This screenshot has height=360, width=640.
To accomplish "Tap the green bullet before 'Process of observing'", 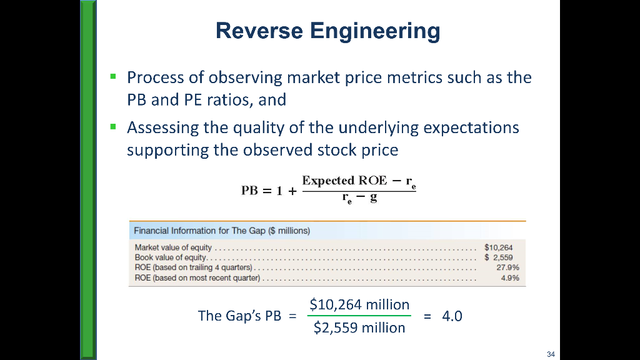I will [113, 76].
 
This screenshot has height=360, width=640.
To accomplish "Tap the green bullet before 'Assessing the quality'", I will [113, 126].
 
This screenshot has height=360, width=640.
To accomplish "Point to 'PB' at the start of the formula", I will [251, 191].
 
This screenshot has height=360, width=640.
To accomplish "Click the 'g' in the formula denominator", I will [374, 199].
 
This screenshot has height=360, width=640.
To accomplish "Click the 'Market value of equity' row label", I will [174, 247].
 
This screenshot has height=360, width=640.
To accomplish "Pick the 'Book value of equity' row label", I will [170, 257].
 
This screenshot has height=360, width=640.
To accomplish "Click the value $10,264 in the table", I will [498, 247].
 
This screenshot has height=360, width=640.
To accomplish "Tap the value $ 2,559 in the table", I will [498, 257].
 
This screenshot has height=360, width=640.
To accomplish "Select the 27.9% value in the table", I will [506, 267].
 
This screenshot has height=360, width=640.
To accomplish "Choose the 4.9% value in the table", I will [509, 278].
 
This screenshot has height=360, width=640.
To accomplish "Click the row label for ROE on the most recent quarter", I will [197, 278].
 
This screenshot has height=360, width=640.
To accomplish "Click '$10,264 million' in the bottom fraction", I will [359, 305].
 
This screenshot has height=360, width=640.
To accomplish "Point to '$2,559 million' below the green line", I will [359, 327].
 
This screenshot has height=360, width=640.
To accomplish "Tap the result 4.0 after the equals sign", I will [452, 316].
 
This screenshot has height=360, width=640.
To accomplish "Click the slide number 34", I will [550, 355].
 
